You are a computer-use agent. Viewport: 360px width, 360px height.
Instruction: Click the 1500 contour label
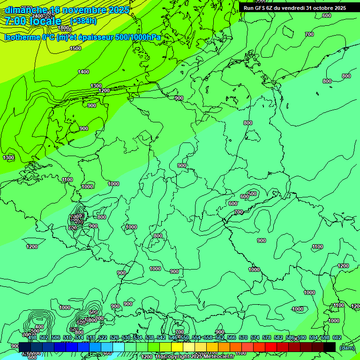click(x=75, y=48)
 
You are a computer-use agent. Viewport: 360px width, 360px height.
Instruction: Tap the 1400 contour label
click(x=83, y=72)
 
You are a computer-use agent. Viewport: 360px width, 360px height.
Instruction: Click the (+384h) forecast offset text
click(x=83, y=21)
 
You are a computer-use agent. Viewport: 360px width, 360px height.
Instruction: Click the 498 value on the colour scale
click(x=32, y=337)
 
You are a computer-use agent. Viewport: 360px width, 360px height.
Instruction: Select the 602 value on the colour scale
click(x=337, y=337)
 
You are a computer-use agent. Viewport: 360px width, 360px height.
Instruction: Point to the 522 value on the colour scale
click(x=103, y=337)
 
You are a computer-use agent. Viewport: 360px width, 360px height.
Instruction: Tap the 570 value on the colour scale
click(x=243, y=337)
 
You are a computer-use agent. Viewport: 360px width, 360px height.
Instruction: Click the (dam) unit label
click(x=347, y=347)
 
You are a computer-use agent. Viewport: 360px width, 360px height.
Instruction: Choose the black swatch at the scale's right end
click(x=330, y=347)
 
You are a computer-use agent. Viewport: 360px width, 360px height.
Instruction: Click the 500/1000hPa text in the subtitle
click(x=140, y=37)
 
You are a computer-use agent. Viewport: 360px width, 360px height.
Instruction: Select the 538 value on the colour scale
click(x=150, y=337)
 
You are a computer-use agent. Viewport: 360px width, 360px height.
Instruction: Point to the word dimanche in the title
click(x=25, y=10)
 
